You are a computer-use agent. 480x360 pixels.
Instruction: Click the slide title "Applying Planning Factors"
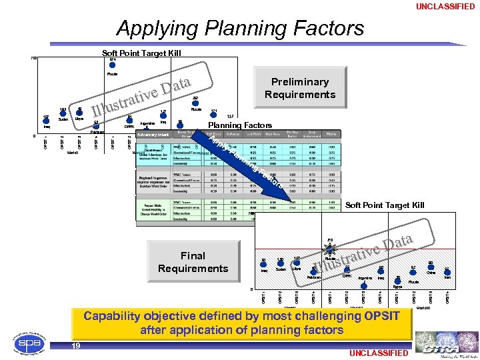tap(240, 29)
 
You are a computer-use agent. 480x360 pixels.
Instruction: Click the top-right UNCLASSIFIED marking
tap(446, 7)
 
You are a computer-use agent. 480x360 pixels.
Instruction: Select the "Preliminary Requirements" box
tap(299, 88)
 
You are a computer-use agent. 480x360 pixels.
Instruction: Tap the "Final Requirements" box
tap(193, 262)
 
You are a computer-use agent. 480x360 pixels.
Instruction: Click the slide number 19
tap(77, 345)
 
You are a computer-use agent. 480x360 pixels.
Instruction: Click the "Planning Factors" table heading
tap(240, 125)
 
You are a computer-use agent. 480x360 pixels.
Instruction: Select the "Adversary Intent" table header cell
tap(153, 135)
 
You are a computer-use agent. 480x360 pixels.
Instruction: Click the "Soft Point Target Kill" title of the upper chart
tap(141, 53)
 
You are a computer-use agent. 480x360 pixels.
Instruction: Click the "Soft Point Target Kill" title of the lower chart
tap(385, 205)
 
